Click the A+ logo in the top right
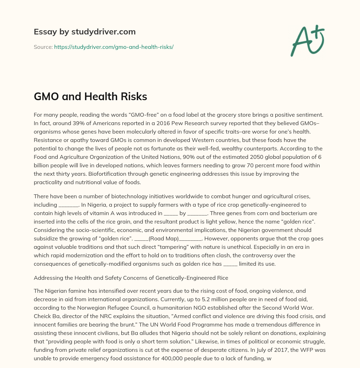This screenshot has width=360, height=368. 307,41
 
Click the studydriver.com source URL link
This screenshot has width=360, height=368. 114,47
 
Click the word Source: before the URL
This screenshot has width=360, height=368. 43,47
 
